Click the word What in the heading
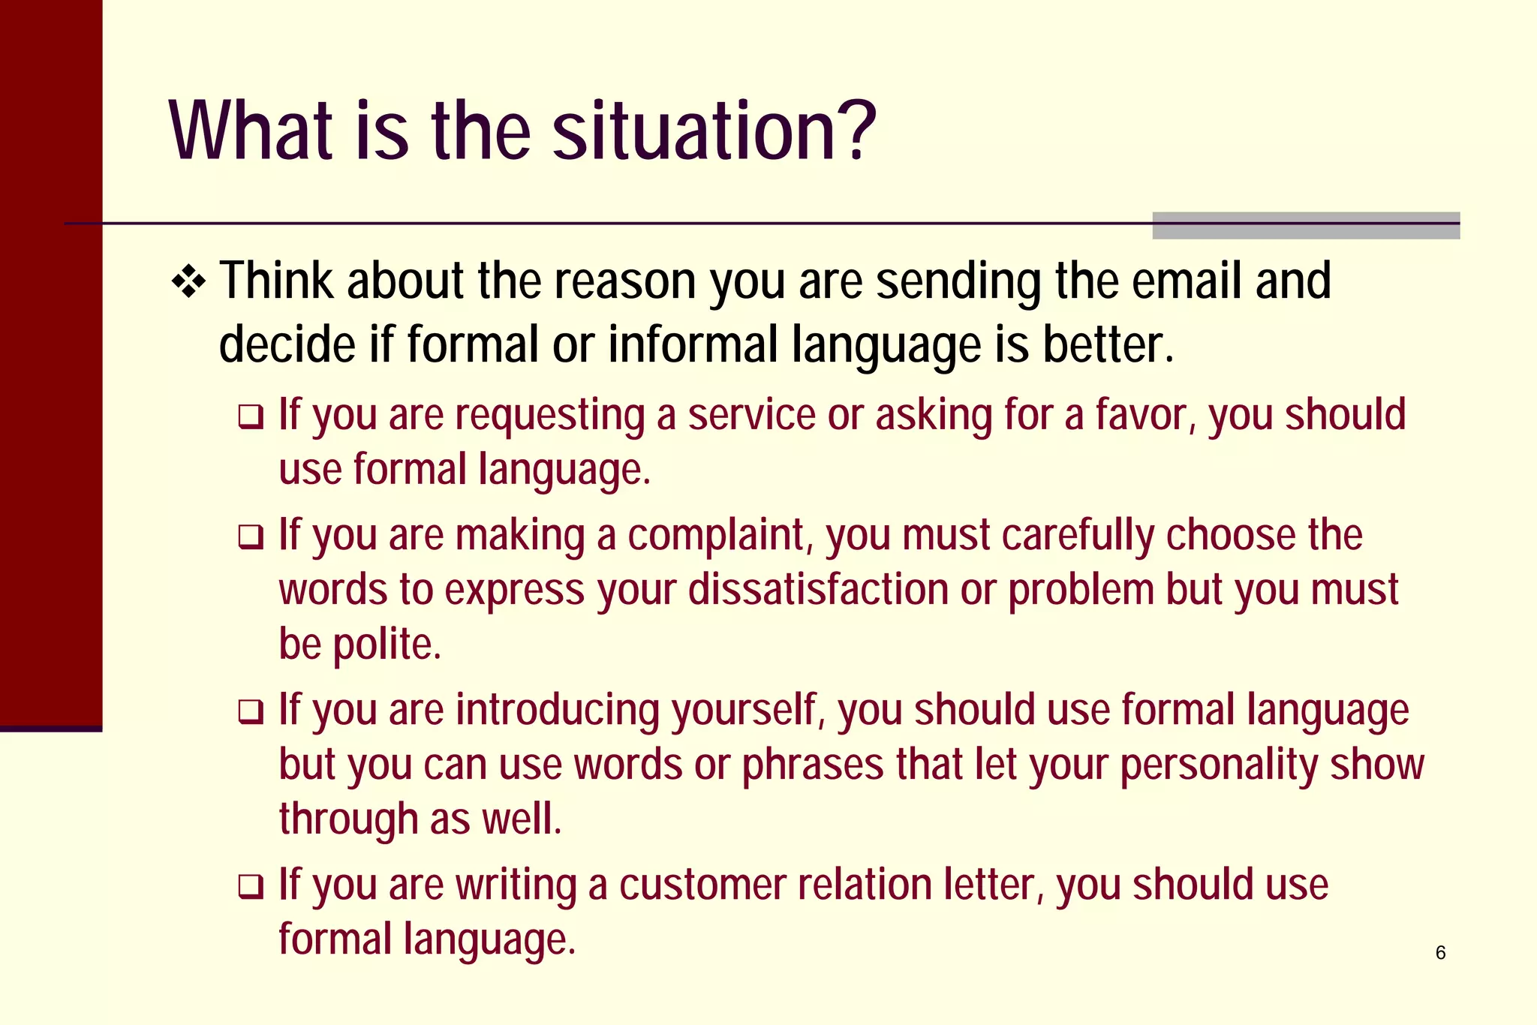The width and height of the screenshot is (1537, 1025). click(251, 131)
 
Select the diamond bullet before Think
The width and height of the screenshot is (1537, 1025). click(188, 283)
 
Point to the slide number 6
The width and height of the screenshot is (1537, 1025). click(1440, 953)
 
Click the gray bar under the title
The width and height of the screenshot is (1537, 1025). click(1306, 226)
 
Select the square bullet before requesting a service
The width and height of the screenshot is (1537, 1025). click(251, 417)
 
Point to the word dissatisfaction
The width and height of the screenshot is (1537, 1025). click(819, 590)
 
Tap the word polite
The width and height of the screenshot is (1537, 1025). click(387, 645)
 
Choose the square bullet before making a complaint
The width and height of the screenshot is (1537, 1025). click(251, 537)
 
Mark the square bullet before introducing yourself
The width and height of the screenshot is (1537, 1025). click(251, 712)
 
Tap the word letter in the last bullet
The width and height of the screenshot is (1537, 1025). click(994, 885)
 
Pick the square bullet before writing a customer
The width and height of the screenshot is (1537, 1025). click(251, 887)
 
